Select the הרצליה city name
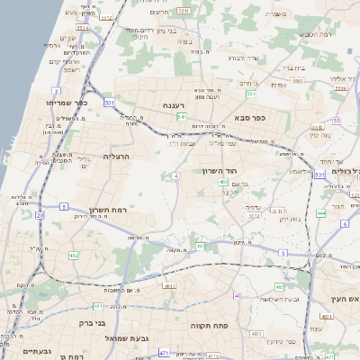pos(118,156)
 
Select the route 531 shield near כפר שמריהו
pos(109,103)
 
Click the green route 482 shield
pos(74,256)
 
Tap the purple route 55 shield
pos(337,120)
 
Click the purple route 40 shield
pos(238,295)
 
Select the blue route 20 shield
pos(40,215)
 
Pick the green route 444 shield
pos(320,212)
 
